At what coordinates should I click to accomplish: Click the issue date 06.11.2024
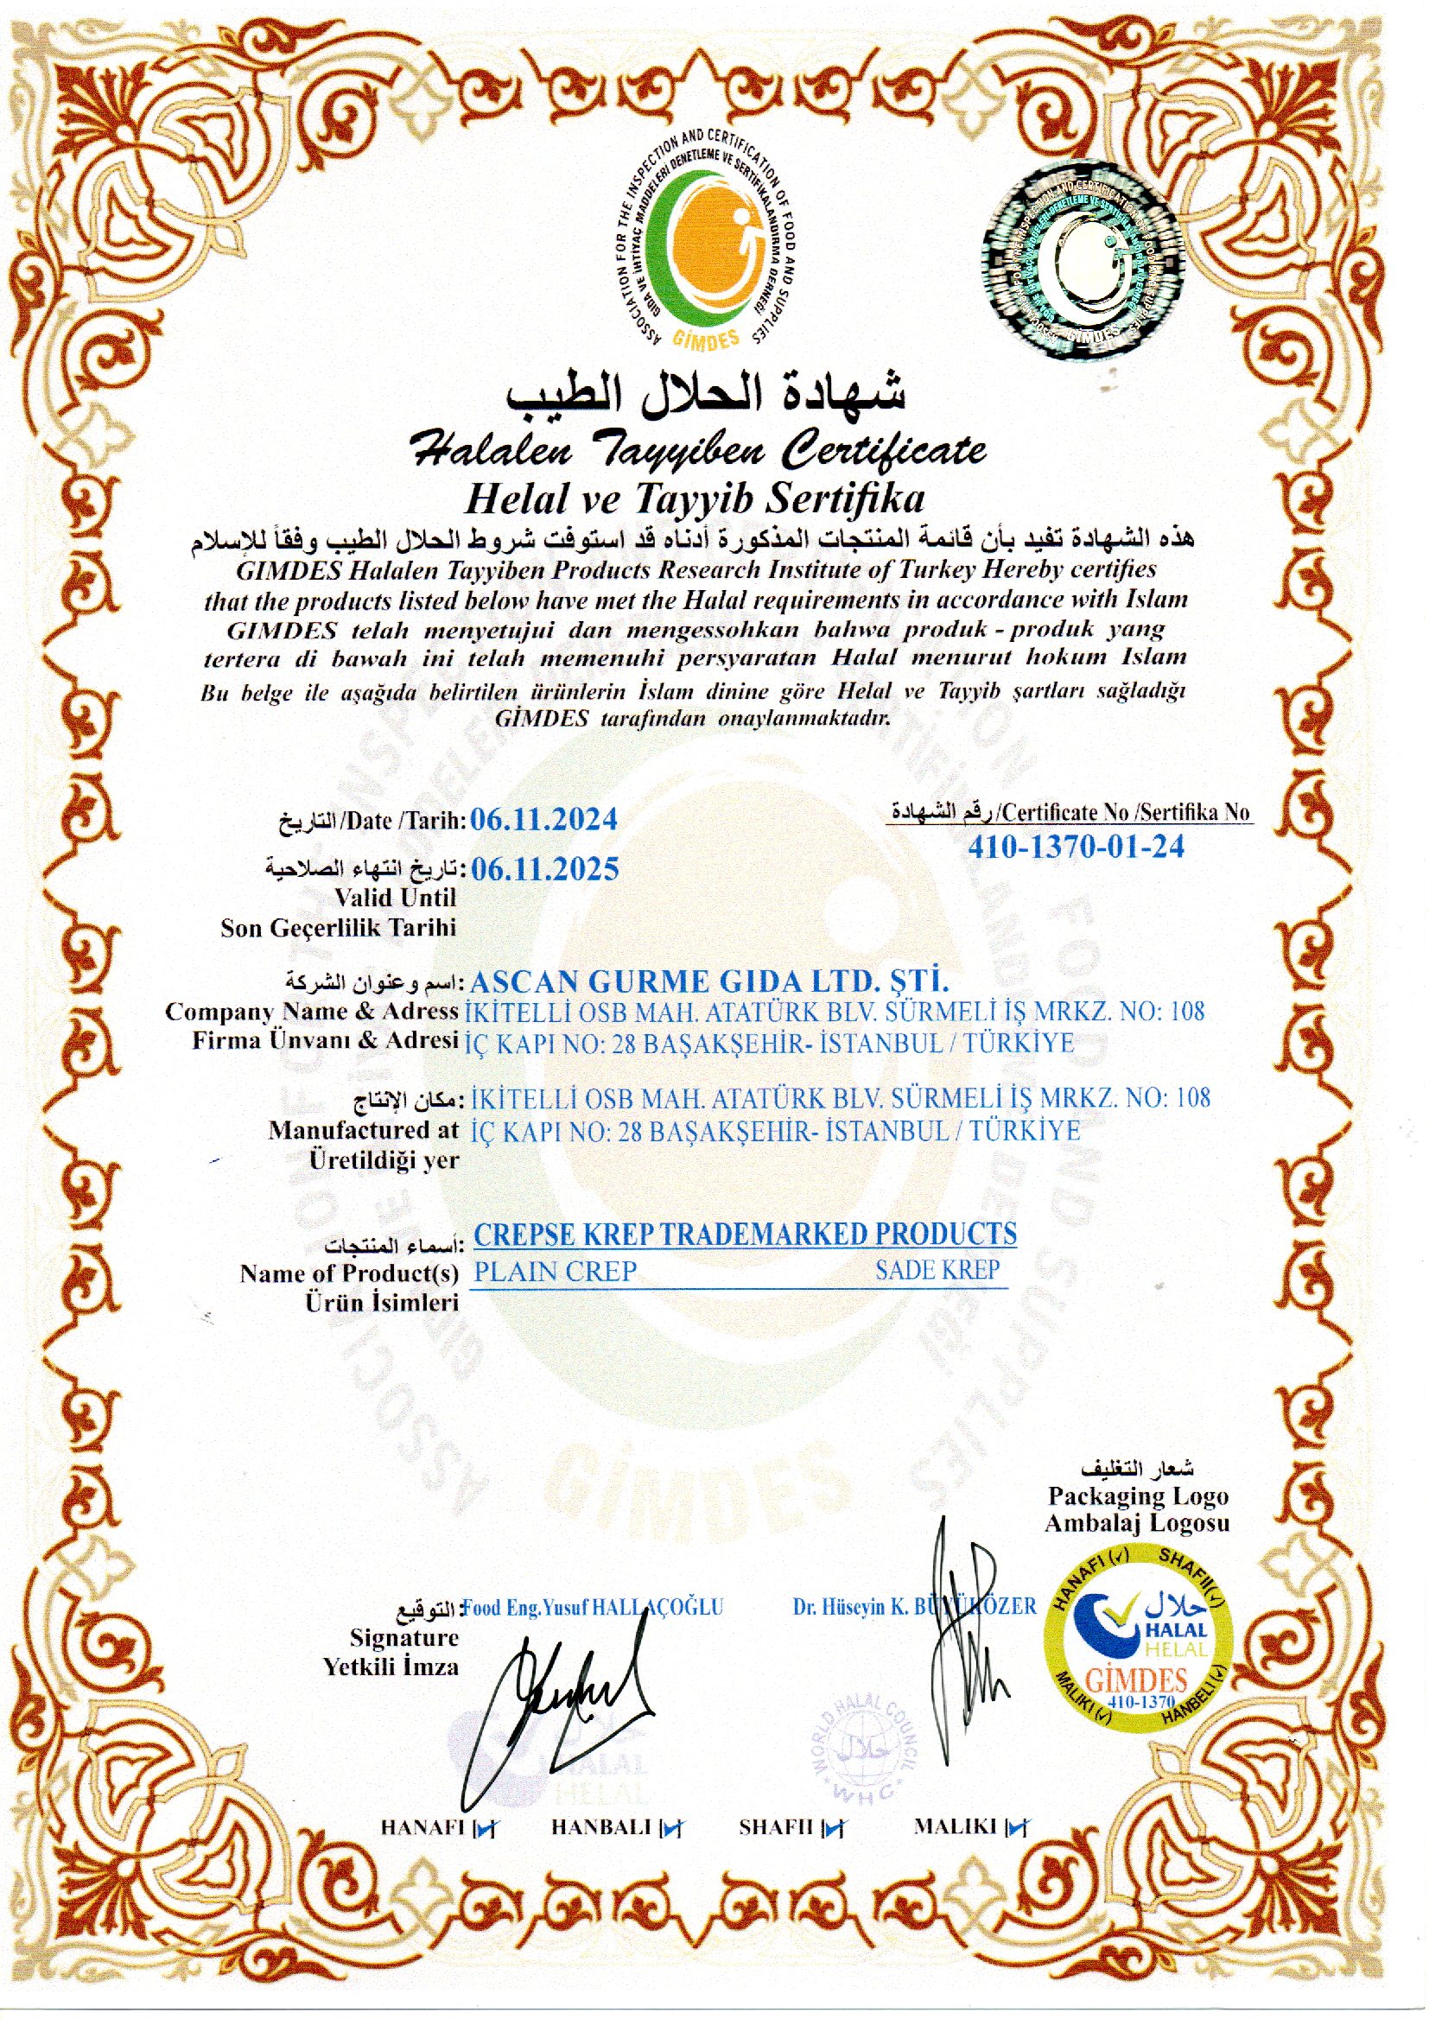coord(543,820)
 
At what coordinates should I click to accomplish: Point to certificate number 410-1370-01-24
coord(1076,847)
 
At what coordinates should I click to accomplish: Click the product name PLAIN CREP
coord(555,1271)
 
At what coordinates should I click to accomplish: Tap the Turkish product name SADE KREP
coord(937,1270)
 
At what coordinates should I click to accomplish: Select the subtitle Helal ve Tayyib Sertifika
coord(694,499)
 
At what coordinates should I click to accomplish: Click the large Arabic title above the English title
coord(706,393)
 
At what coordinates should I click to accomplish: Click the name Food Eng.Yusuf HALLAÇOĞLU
coord(592,1607)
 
